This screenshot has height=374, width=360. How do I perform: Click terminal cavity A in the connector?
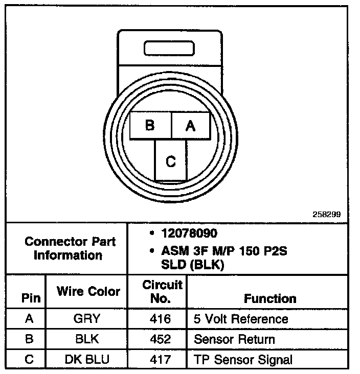190,126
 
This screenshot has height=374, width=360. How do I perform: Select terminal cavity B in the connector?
150,126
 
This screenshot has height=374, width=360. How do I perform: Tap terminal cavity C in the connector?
171,161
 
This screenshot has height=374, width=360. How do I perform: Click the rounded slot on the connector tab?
169,49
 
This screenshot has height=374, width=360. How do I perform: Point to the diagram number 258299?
326,215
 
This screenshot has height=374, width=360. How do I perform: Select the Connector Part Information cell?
70,248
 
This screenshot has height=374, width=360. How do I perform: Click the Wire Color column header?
88,291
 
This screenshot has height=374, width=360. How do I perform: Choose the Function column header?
269,298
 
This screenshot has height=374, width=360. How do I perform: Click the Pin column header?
30,298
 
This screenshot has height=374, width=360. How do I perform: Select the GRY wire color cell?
87,319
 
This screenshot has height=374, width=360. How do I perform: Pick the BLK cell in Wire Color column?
87,339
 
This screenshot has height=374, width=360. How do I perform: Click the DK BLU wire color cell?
87,359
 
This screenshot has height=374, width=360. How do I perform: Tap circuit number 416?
161,319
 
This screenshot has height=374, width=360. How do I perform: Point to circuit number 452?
161,339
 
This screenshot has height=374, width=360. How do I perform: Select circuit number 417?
161,359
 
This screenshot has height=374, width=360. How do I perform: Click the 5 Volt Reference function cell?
241,319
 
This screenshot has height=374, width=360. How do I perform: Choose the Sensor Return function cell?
234,339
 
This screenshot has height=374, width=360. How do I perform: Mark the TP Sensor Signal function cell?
243,359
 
